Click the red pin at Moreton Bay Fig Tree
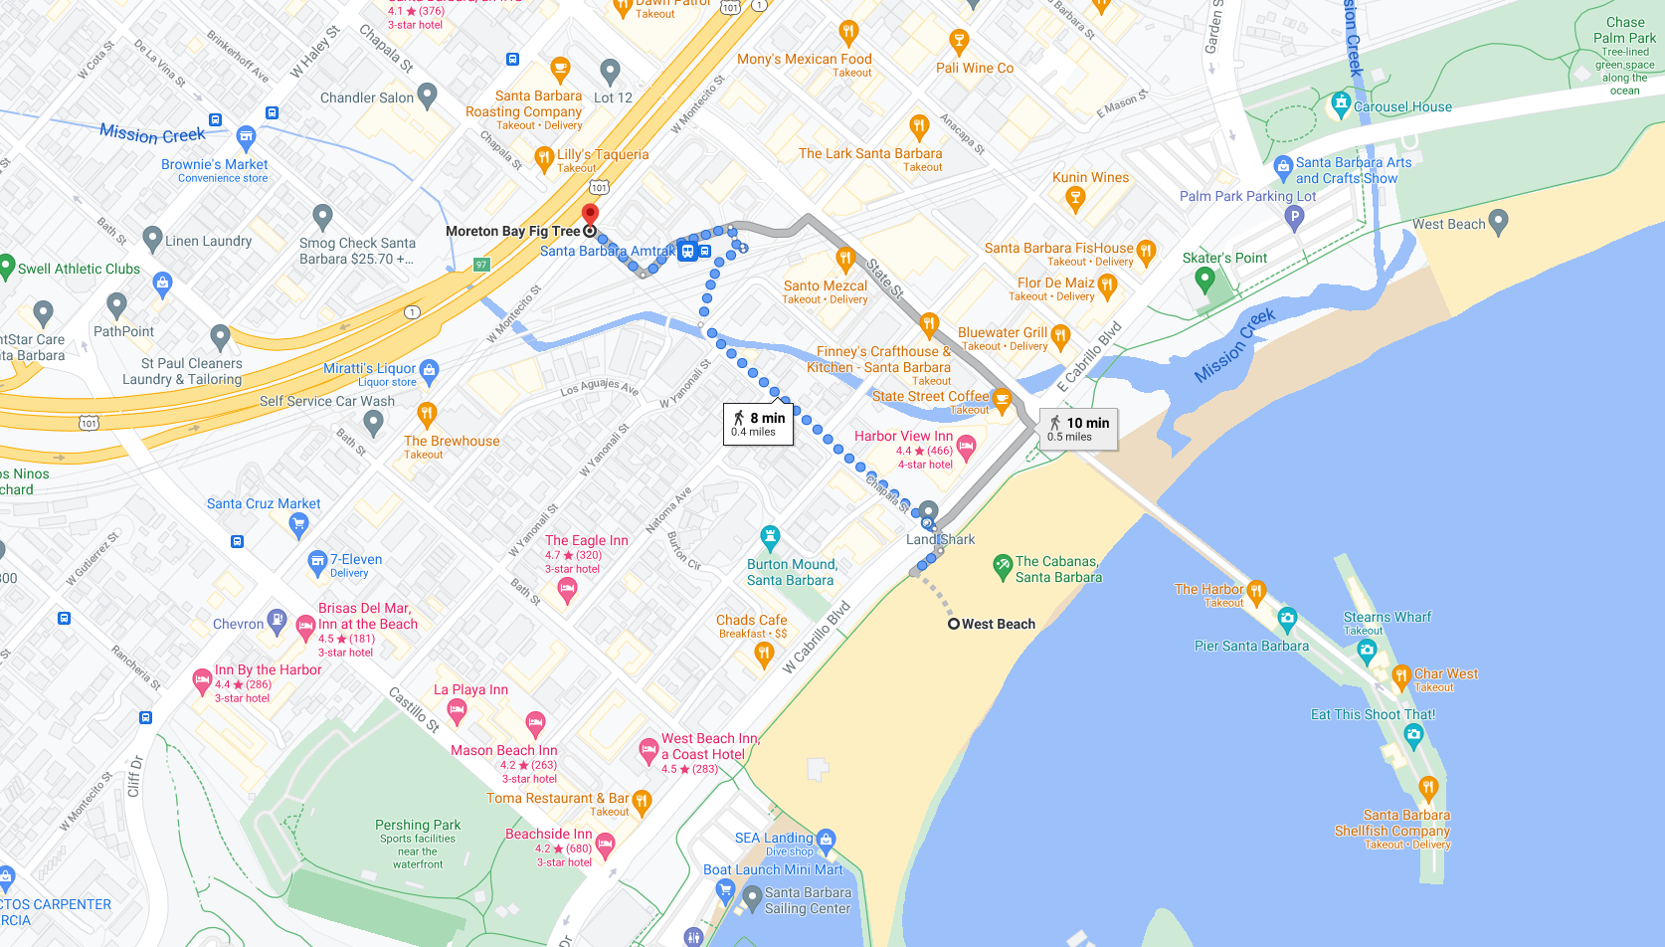[590, 213]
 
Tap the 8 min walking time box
[758, 424]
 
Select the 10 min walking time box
[1078, 429]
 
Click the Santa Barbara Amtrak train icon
[687, 251]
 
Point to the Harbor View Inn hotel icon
[966, 447]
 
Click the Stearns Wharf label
[1387, 617]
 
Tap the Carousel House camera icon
[1341, 102]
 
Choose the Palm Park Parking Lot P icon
[1293, 215]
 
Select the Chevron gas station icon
[277, 623]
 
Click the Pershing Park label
[418, 825]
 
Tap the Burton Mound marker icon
[770, 537]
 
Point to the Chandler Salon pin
[428, 95]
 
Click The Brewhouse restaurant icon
[427, 413]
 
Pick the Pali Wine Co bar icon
[959, 41]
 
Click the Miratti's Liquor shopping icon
[430, 370]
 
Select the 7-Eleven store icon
[317, 562]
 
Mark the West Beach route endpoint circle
[953, 624]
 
